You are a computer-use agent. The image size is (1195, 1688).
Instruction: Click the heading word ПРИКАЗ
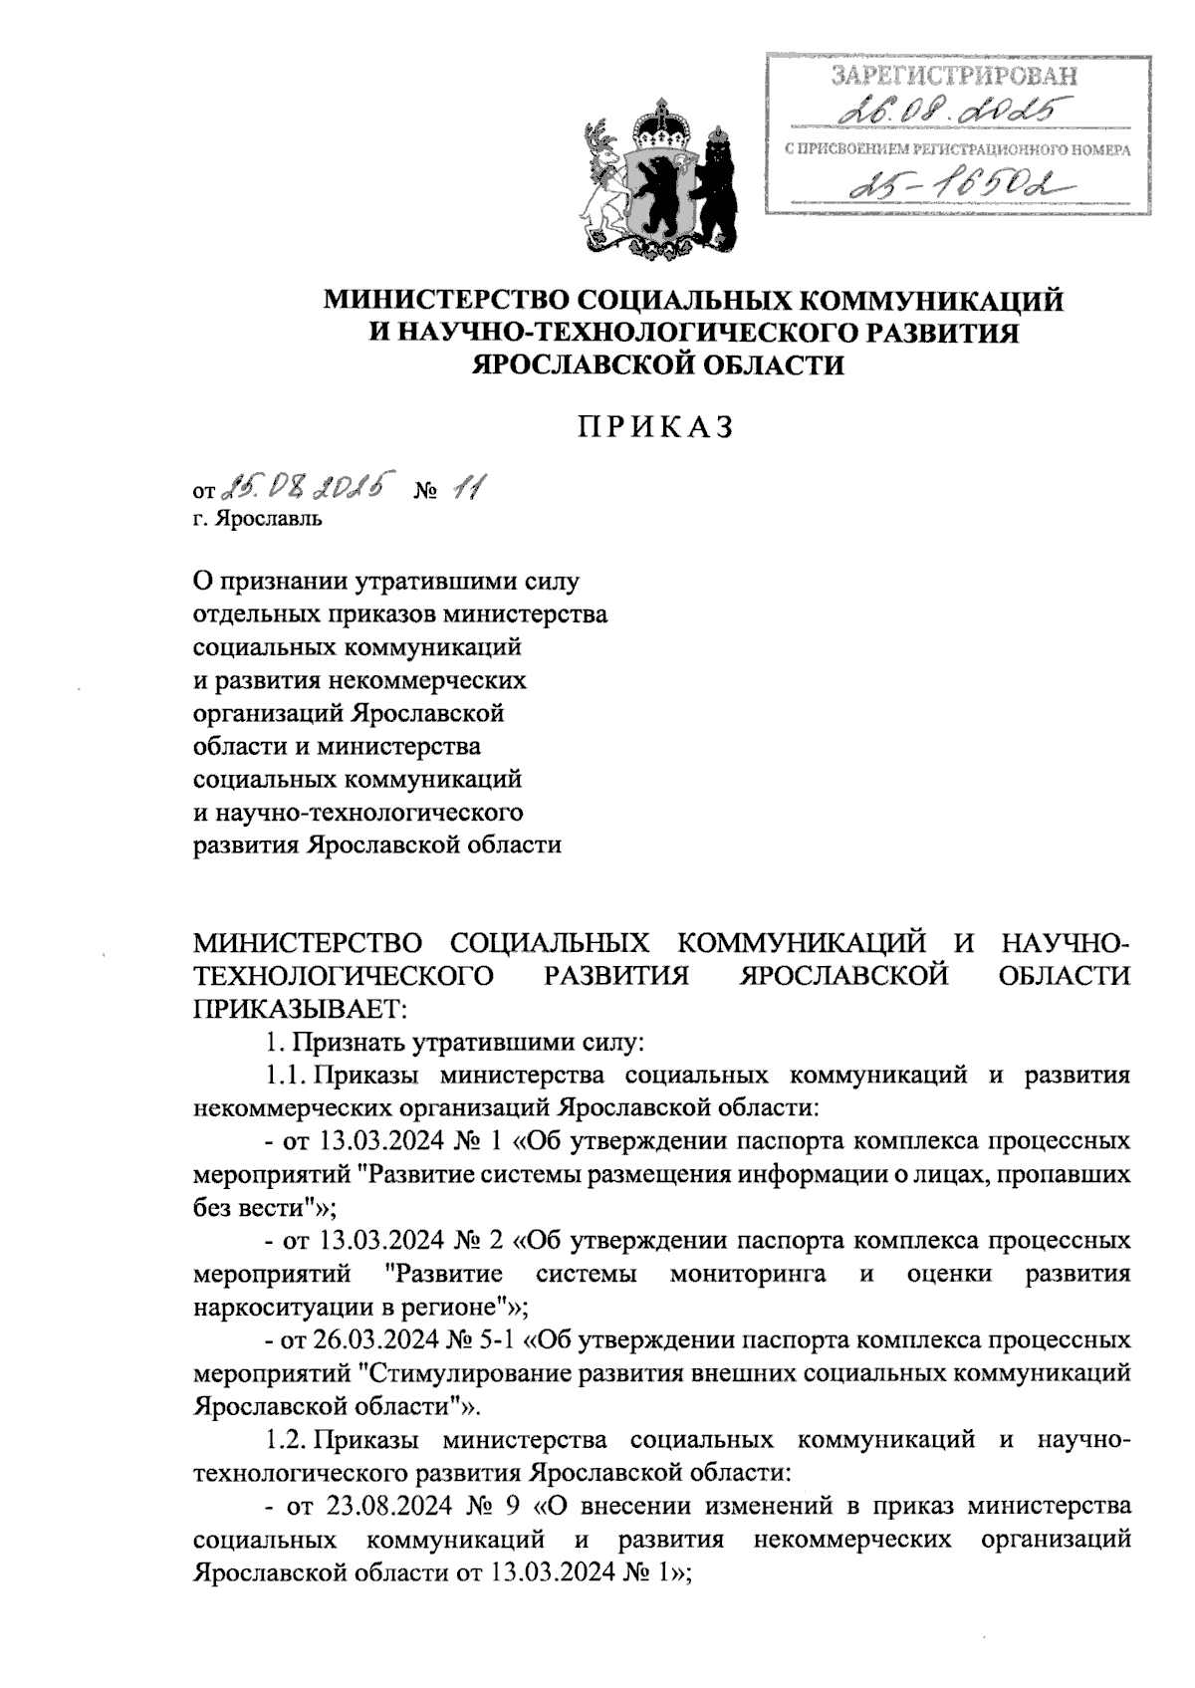tap(656, 425)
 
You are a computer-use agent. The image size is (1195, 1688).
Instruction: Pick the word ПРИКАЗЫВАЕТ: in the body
tap(300, 1008)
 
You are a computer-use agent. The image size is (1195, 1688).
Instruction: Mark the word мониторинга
tap(748, 1274)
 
